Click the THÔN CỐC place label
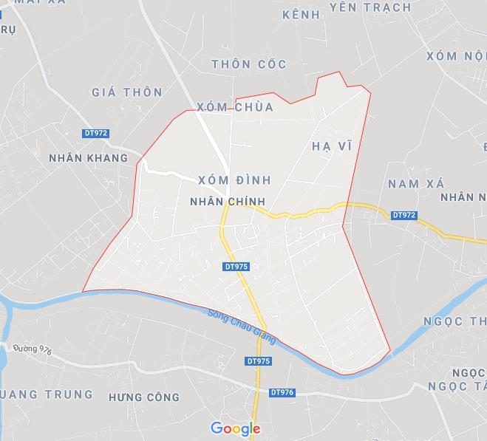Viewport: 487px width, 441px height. tap(248, 64)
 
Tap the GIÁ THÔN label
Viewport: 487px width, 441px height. tap(126, 92)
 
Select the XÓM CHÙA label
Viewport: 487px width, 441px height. tap(236, 108)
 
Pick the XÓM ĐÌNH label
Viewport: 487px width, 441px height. tap(235, 180)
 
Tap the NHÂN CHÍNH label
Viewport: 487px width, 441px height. tap(228, 201)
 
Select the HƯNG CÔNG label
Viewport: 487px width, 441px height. tap(143, 397)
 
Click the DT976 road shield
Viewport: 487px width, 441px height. tap(282, 392)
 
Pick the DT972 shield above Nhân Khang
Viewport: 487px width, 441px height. tap(95, 134)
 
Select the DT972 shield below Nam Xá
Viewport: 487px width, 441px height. tap(404, 215)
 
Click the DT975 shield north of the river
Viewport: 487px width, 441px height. tap(235, 266)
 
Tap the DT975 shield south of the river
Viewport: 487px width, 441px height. tap(258, 361)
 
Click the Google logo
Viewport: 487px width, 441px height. tap(236, 428)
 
